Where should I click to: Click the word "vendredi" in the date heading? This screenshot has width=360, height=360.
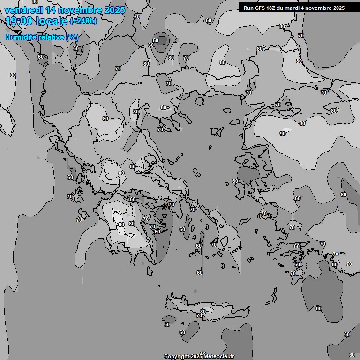coord(22,10)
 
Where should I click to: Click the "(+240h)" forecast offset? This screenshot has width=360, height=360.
coord(83,21)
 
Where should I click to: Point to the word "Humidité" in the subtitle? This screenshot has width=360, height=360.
coord(21,37)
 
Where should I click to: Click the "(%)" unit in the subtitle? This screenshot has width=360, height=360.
coord(72,37)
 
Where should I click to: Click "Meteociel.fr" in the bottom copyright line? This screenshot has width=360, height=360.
coord(221,356)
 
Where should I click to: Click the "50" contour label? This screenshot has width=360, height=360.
coord(156,40)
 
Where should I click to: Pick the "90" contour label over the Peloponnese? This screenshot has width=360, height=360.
coord(121,225)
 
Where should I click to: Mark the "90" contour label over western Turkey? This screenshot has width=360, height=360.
coord(283,134)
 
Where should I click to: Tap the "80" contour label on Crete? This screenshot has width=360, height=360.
coord(202,312)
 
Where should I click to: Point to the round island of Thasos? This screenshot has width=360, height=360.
coord(200,100)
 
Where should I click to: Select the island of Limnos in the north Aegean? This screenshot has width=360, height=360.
coord(217,132)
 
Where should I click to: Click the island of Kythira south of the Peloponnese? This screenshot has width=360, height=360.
coord(150,271)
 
